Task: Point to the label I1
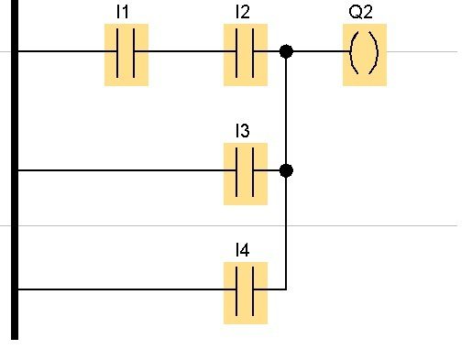(x=123, y=12)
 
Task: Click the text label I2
(x=243, y=12)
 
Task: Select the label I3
(x=243, y=131)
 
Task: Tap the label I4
(x=243, y=250)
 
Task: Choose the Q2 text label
(x=361, y=12)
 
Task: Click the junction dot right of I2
(x=286, y=51)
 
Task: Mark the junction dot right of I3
(x=286, y=170)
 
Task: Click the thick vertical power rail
(x=15, y=169)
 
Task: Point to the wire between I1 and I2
(x=185, y=51)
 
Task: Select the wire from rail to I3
(x=127, y=170)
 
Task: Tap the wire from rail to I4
(x=127, y=289)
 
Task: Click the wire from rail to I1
(x=68, y=51)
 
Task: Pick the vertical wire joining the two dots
(x=286, y=111)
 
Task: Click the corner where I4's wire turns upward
(x=286, y=289)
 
